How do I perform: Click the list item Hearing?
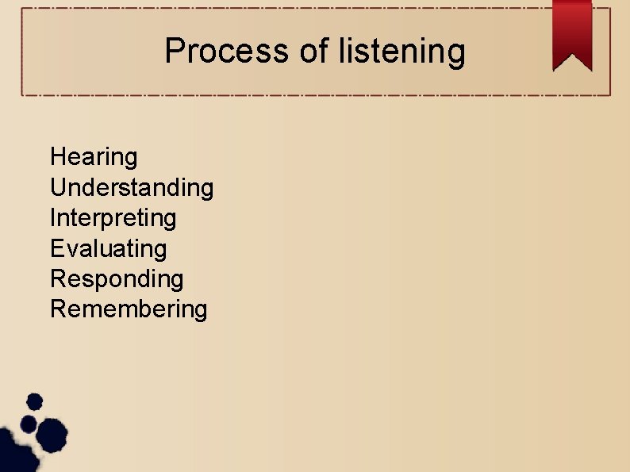[94, 157]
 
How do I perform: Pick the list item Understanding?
[132, 188]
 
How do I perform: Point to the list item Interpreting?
[113, 218]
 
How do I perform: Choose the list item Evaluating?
[109, 248]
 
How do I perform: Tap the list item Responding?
[117, 278]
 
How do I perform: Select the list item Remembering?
[129, 309]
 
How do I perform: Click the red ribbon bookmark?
[572, 32]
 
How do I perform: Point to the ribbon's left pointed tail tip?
[555, 68]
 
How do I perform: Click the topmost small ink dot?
[34, 401]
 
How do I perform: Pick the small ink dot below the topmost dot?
[29, 423]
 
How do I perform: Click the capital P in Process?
[174, 52]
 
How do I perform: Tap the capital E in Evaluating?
[57, 248]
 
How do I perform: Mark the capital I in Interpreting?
[52, 218]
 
